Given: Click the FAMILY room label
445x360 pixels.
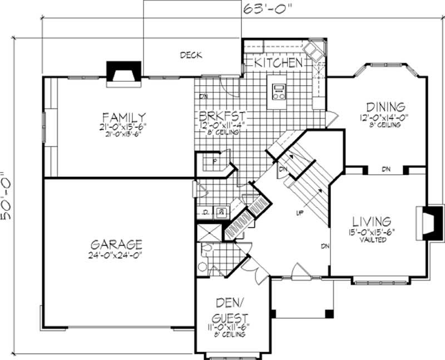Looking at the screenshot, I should point(123,117).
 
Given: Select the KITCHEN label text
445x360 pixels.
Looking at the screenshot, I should point(278,63).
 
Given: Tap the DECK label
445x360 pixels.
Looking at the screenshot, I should point(190,55).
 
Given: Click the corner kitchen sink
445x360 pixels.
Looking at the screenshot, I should point(315,51).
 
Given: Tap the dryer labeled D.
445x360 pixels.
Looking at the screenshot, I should point(205,212).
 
